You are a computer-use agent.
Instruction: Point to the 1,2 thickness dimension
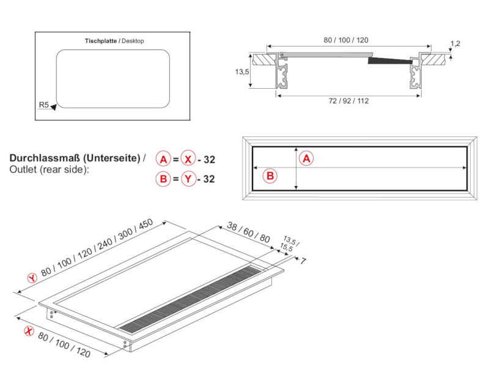click(455, 43)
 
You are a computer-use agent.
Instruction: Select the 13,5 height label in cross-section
click(242, 72)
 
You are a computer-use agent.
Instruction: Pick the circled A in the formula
click(163, 160)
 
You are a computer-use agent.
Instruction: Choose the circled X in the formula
click(189, 160)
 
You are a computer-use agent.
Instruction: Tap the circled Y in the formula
click(189, 179)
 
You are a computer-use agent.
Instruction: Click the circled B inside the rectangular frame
click(270, 176)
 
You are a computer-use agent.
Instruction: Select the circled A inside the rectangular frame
click(307, 158)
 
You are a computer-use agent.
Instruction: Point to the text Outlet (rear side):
click(49, 169)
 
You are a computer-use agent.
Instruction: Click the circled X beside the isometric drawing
click(28, 331)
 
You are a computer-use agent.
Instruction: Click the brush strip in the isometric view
click(189, 297)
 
